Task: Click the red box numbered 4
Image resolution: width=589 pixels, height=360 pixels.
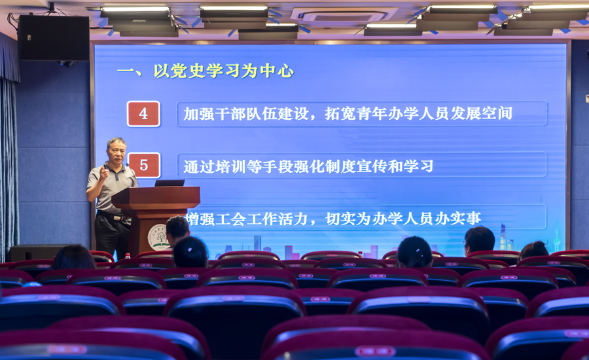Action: point(143,113)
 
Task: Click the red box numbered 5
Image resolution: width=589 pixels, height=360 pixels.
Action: point(144,165)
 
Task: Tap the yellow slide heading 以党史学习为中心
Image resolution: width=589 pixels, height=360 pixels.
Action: point(223,71)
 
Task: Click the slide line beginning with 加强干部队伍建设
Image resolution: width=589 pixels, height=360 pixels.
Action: point(348,113)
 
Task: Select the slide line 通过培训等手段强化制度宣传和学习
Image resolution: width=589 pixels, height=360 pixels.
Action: point(308,166)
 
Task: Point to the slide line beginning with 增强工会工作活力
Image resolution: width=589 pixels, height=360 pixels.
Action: point(334,219)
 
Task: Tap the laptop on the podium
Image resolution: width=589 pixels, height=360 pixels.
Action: point(170,183)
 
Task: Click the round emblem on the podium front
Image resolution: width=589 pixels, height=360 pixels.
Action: point(158,237)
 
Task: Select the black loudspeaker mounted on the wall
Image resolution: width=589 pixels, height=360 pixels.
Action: point(54,38)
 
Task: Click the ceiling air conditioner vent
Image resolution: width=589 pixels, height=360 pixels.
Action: point(344,16)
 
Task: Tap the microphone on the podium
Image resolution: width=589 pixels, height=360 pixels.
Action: point(132,173)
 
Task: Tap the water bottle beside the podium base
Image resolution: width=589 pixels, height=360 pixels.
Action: point(128,257)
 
